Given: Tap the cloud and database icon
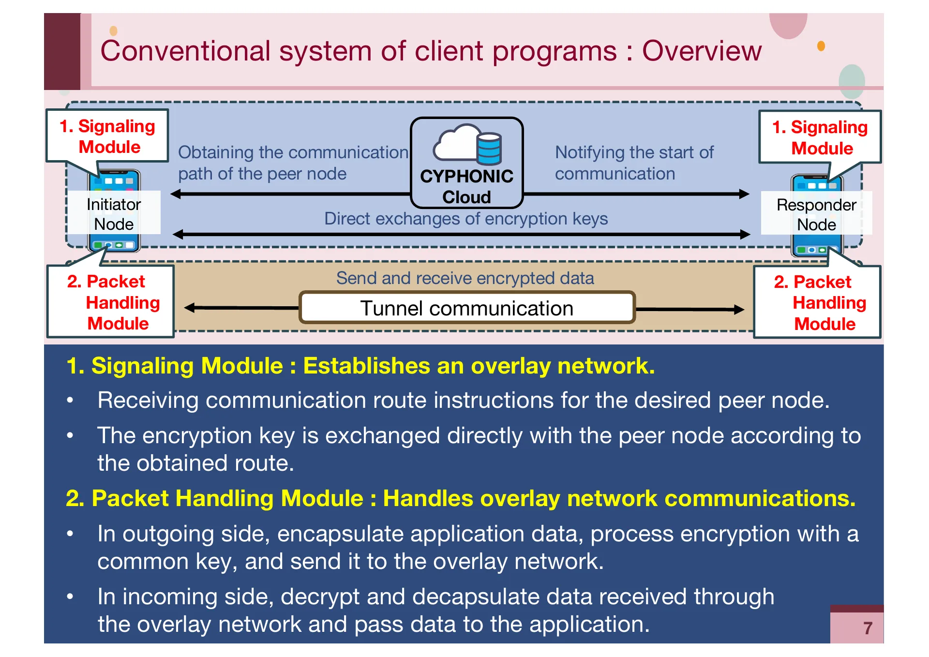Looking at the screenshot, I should tap(467, 144).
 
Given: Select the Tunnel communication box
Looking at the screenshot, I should tap(466, 308).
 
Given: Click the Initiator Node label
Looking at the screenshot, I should tap(114, 214).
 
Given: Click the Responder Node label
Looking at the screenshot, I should tap(816, 214).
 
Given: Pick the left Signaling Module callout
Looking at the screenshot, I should tap(107, 136).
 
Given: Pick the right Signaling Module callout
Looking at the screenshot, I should tap(820, 137).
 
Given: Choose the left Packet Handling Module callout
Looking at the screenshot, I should tap(111, 302).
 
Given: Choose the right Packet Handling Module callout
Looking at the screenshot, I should tap(817, 302).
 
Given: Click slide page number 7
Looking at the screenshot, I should tap(868, 628).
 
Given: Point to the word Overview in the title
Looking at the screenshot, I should tap(702, 51).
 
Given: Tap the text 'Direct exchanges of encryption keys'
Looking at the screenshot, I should tap(465, 219).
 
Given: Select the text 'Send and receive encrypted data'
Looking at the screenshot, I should tap(465, 278).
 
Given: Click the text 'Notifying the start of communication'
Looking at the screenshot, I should tap(634, 163).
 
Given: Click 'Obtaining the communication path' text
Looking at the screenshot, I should tap(293, 163).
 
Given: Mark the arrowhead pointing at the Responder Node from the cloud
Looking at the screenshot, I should tap(745, 194).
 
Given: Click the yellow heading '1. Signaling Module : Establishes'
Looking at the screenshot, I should tap(360, 366).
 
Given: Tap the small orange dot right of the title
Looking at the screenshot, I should tap(821, 46).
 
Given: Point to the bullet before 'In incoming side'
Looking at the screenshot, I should tap(70, 597).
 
